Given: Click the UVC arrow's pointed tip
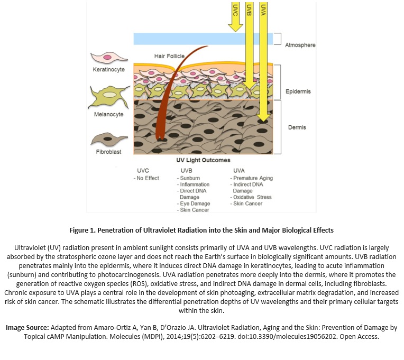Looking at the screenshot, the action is click(235, 32).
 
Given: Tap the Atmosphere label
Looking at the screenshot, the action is click(300, 45).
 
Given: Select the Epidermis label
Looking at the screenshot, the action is click(298, 91).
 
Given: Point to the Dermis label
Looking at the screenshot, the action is click(297, 127).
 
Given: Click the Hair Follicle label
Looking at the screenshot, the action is click(169, 56).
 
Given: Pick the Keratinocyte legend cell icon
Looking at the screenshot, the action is click(109, 58).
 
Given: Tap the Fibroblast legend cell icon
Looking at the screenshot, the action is click(109, 140).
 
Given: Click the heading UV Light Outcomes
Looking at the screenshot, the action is click(203, 160).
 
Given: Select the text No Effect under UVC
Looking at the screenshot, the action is click(148, 178).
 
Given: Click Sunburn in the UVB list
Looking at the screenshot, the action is click(190, 178).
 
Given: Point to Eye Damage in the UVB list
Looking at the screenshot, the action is click(195, 204).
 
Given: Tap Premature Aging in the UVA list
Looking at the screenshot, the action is click(253, 178).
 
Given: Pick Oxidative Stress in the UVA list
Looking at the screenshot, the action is click(253, 197).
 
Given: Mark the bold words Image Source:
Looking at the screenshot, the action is click(27, 328).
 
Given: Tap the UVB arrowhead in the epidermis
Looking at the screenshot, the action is click(249, 86).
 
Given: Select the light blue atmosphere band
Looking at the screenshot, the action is click(203, 39).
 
